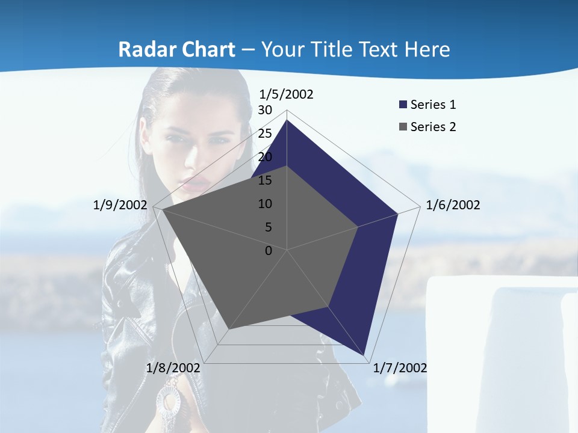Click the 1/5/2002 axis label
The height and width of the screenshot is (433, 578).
click(x=286, y=94)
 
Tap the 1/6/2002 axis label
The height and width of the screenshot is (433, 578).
click(x=453, y=205)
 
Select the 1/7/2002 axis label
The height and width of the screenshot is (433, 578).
click(x=400, y=368)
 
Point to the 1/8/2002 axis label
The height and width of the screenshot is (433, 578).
click(x=173, y=368)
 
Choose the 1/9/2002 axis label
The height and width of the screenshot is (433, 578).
click(x=120, y=205)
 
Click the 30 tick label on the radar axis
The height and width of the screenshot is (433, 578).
click(x=265, y=110)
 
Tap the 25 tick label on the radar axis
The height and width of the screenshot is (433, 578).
click(x=265, y=134)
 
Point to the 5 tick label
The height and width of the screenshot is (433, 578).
click(x=268, y=227)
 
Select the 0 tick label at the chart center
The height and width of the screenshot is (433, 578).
click(x=268, y=251)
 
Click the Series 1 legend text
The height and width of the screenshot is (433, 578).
click(x=433, y=105)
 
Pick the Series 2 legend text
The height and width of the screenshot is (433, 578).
click(x=433, y=127)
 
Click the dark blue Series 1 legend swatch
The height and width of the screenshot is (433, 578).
click(x=403, y=105)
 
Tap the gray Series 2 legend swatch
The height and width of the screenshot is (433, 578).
click(x=403, y=127)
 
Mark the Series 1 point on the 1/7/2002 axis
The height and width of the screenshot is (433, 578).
click(x=364, y=355)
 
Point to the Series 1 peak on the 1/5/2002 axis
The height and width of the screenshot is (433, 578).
click(x=287, y=120)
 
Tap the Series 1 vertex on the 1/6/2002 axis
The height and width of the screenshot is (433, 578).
click(x=398, y=213)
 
